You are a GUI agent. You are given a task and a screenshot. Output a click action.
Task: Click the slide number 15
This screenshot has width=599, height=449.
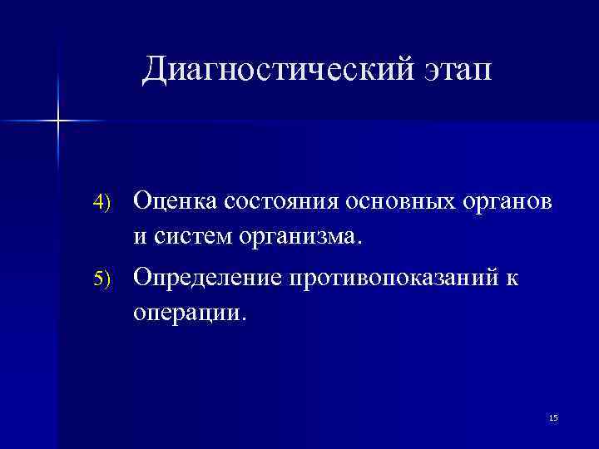pos(553,417)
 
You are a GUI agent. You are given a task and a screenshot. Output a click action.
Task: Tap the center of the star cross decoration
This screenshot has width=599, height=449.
pos(59,121)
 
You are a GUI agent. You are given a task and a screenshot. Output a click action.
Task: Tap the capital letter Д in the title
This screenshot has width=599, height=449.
pos(156,71)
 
